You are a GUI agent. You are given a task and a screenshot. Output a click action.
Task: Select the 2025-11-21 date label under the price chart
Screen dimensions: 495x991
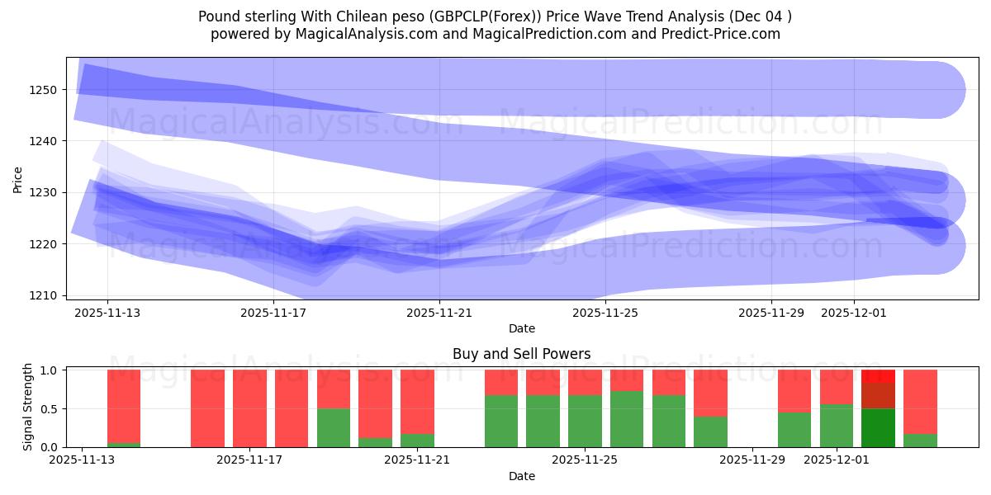[x=439, y=313]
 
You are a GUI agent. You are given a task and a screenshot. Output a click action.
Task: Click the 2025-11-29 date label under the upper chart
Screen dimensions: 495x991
[x=771, y=313]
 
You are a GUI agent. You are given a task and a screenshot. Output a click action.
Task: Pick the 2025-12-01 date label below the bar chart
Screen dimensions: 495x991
[x=837, y=460]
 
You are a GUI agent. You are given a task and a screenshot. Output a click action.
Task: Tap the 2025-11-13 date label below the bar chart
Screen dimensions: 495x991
[x=82, y=460]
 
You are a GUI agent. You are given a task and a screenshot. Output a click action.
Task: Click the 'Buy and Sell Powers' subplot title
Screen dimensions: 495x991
[x=521, y=354]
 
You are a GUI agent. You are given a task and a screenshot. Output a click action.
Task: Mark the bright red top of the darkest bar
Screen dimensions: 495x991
[x=878, y=375]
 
